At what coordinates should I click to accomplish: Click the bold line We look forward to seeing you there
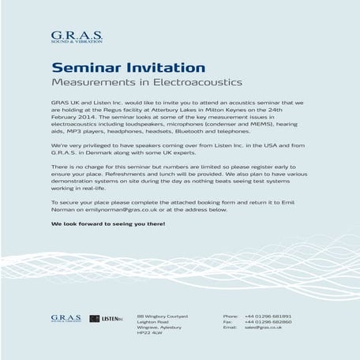tap(108, 223)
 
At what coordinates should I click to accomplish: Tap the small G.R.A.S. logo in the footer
tap(66, 318)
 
